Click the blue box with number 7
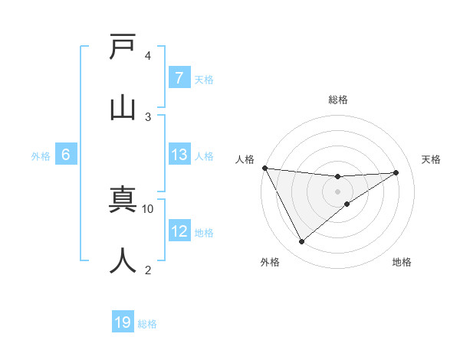(179, 78)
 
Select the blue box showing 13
(179, 155)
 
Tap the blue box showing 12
(179, 231)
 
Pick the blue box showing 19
(123, 322)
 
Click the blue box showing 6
(66, 155)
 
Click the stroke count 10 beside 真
(148, 208)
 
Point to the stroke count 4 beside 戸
(148, 55)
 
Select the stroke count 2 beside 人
(148, 270)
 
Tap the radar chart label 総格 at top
(337, 100)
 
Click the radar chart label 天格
(432, 159)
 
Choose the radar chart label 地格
(402, 263)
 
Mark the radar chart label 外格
(270, 263)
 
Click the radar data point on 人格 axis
(264, 168)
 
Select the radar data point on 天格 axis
(396, 172)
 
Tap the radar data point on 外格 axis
(301, 241)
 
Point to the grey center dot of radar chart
(337, 191)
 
